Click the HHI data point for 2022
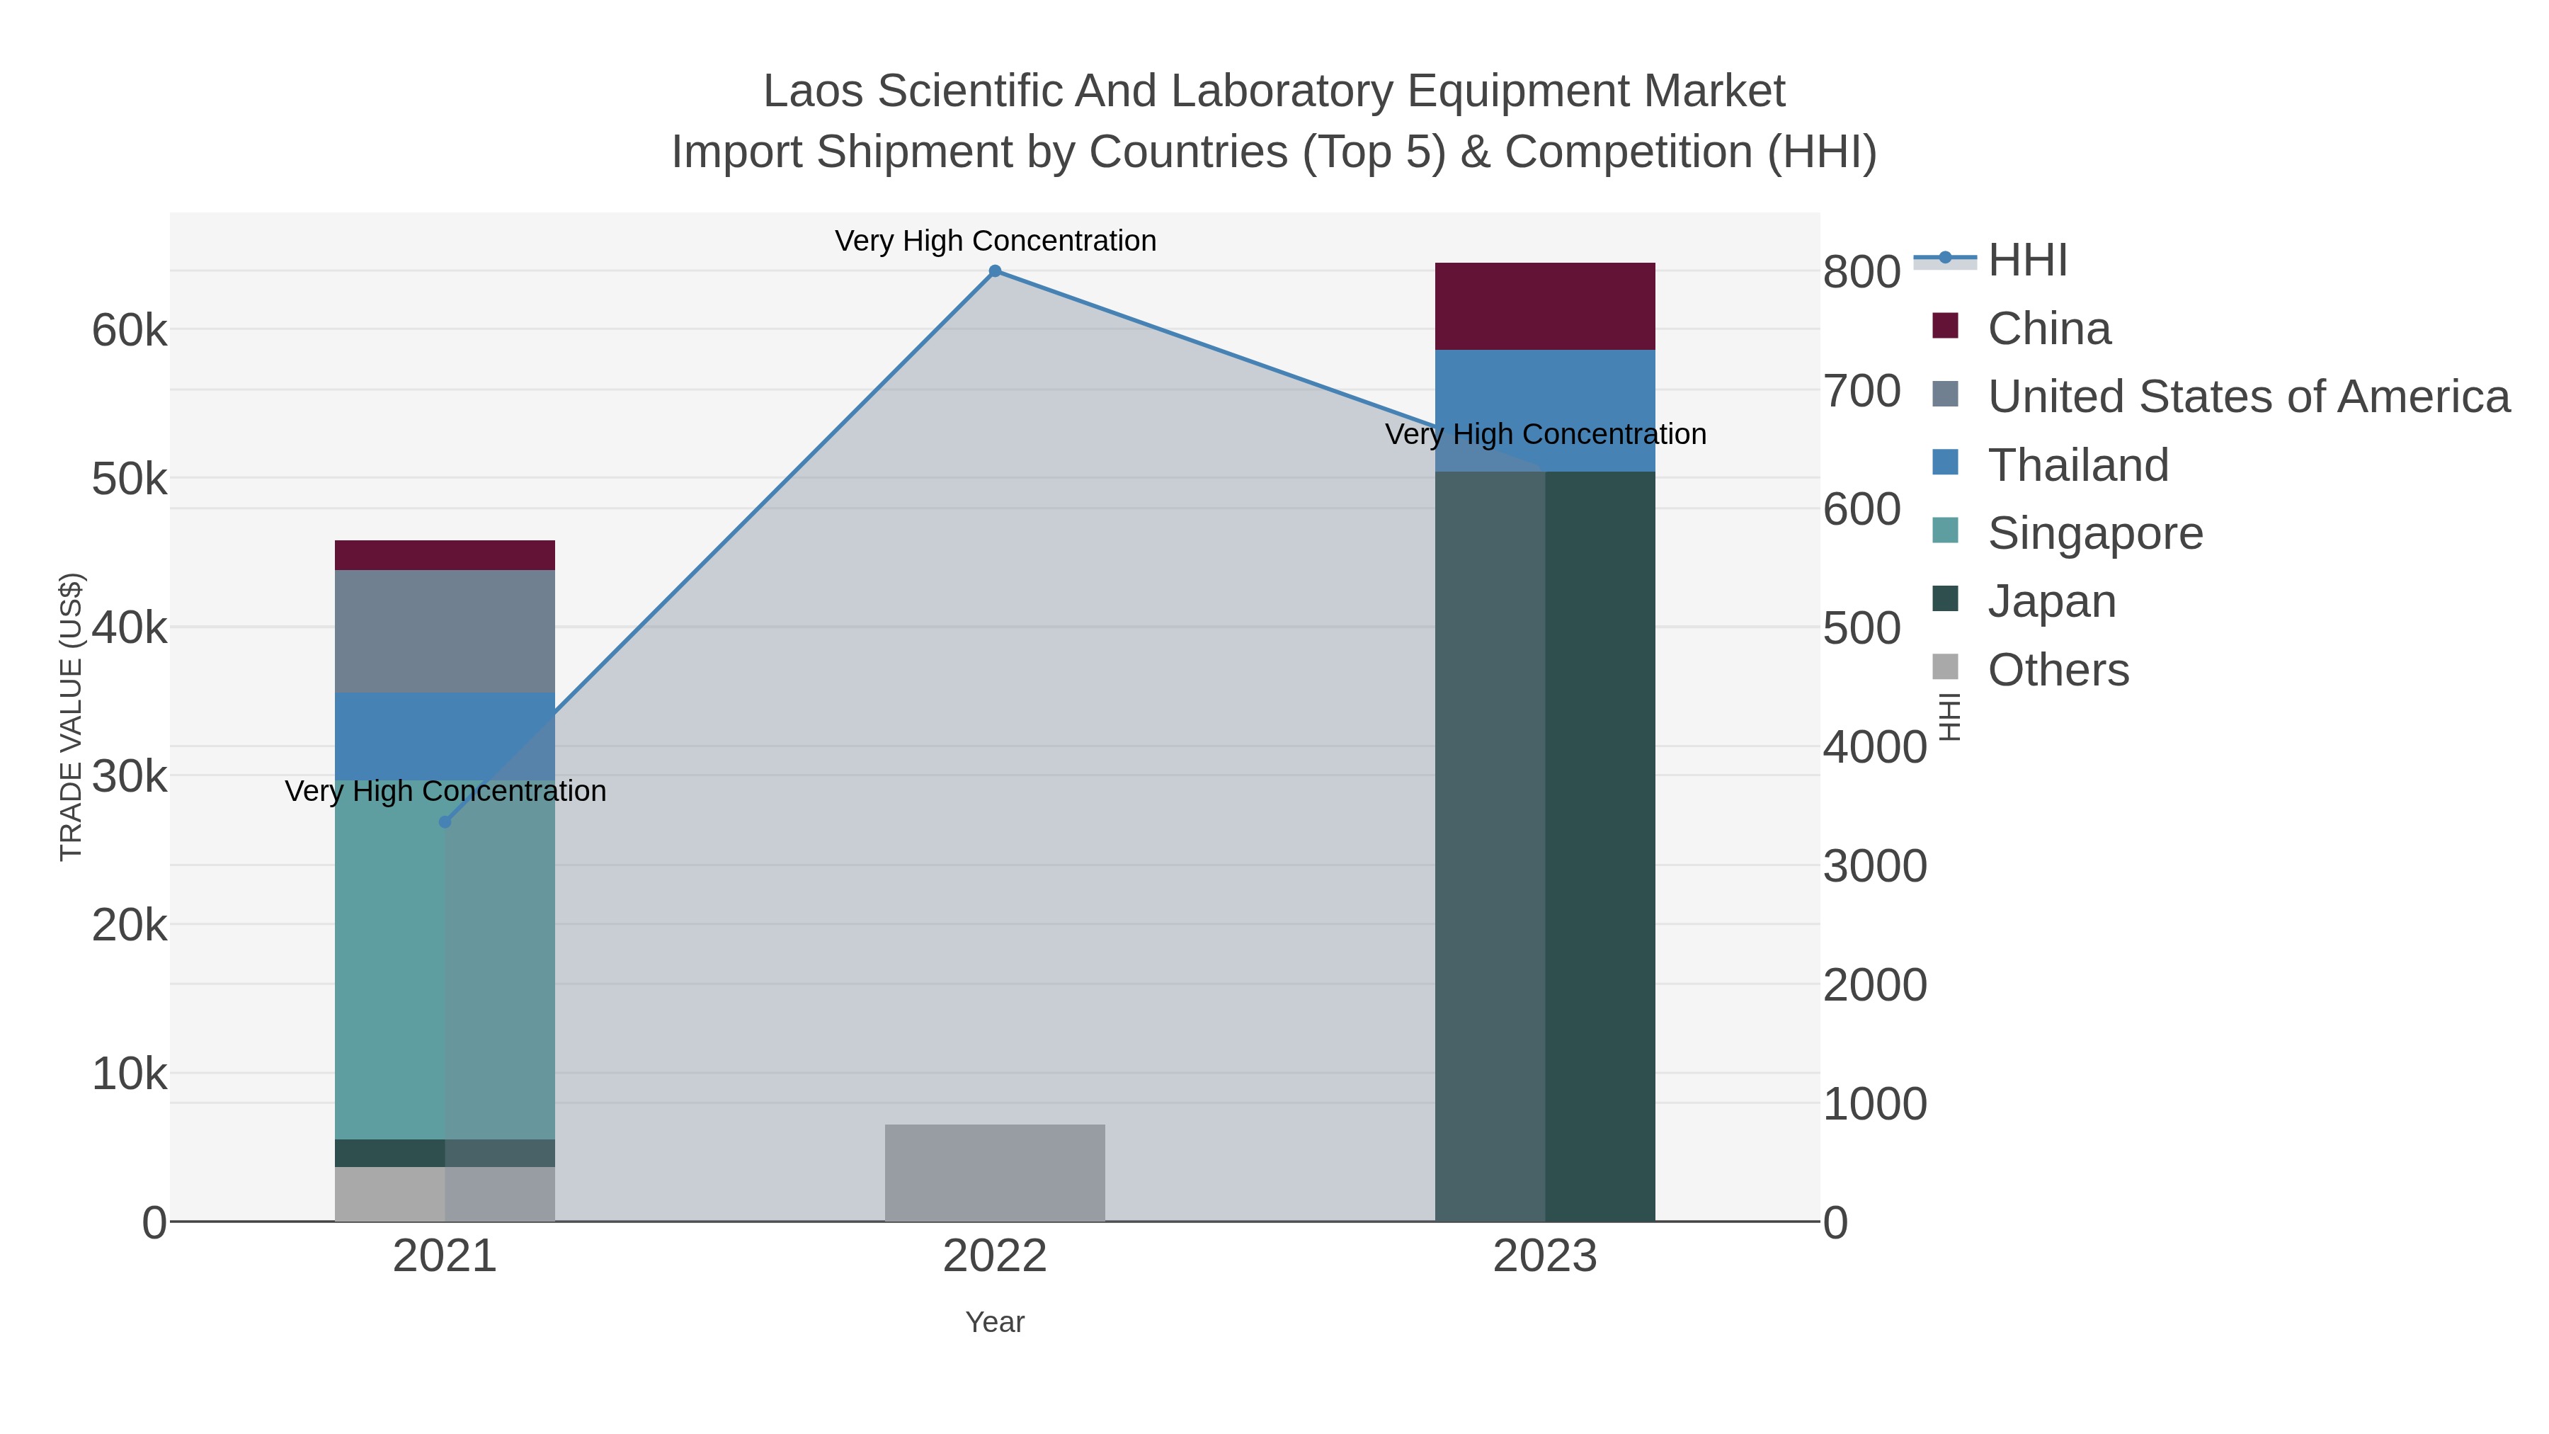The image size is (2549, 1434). [x=995, y=271]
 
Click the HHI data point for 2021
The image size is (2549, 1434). [x=444, y=821]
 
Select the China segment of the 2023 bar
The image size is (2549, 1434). [x=1545, y=306]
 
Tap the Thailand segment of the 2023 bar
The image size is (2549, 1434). [x=1545, y=396]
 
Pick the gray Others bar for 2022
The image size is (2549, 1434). [x=995, y=1172]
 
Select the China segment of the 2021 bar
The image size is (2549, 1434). [x=444, y=554]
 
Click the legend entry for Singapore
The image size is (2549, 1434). [x=2095, y=533]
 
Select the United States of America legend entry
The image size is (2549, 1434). [x=2247, y=396]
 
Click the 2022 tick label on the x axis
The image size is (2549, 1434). [x=995, y=1257]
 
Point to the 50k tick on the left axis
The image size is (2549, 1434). [x=130, y=480]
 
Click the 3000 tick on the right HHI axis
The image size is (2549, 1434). [x=1874, y=866]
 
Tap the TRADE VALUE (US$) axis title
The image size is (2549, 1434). [x=72, y=717]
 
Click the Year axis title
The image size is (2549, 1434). [x=995, y=1322]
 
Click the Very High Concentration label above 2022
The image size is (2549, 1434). [x=995, y=241]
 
